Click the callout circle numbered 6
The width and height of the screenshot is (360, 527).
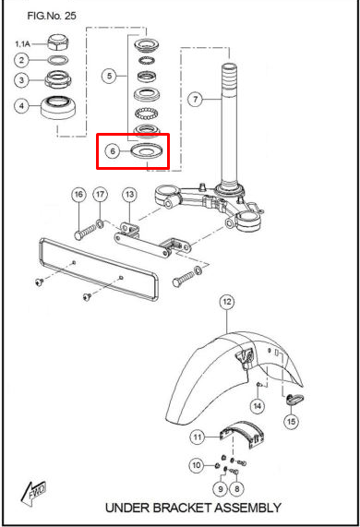(x=113, y=151)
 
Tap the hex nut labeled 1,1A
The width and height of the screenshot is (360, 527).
(x=58, y=42)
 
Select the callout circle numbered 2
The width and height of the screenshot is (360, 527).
(x=22, y=60)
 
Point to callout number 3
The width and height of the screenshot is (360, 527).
(x=22, y=80)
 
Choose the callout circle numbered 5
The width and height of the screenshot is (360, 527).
(x=109, y=76)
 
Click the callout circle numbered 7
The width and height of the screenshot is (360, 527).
(x=196, y=99)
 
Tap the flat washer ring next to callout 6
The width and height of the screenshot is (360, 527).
(x=147, y=150)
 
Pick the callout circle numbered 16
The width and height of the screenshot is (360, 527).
(x=78, y=195)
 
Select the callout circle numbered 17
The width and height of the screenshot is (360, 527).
(x=101, y=195)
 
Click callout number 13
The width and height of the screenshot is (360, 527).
(x=130, y=195)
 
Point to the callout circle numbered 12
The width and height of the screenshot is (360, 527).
(x=227, y=302)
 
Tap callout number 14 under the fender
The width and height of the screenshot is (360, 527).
(x=258, y=406)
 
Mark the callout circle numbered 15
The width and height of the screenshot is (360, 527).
(x=291, y=421)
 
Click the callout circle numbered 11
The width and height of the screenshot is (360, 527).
(x=198, y=437)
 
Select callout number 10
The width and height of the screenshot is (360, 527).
(x=197, y=465)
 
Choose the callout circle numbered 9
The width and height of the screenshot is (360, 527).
(x=221, y=488)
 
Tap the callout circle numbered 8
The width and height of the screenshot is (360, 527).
(x=237, y=488)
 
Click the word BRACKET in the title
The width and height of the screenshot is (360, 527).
(x=183, y=508)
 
